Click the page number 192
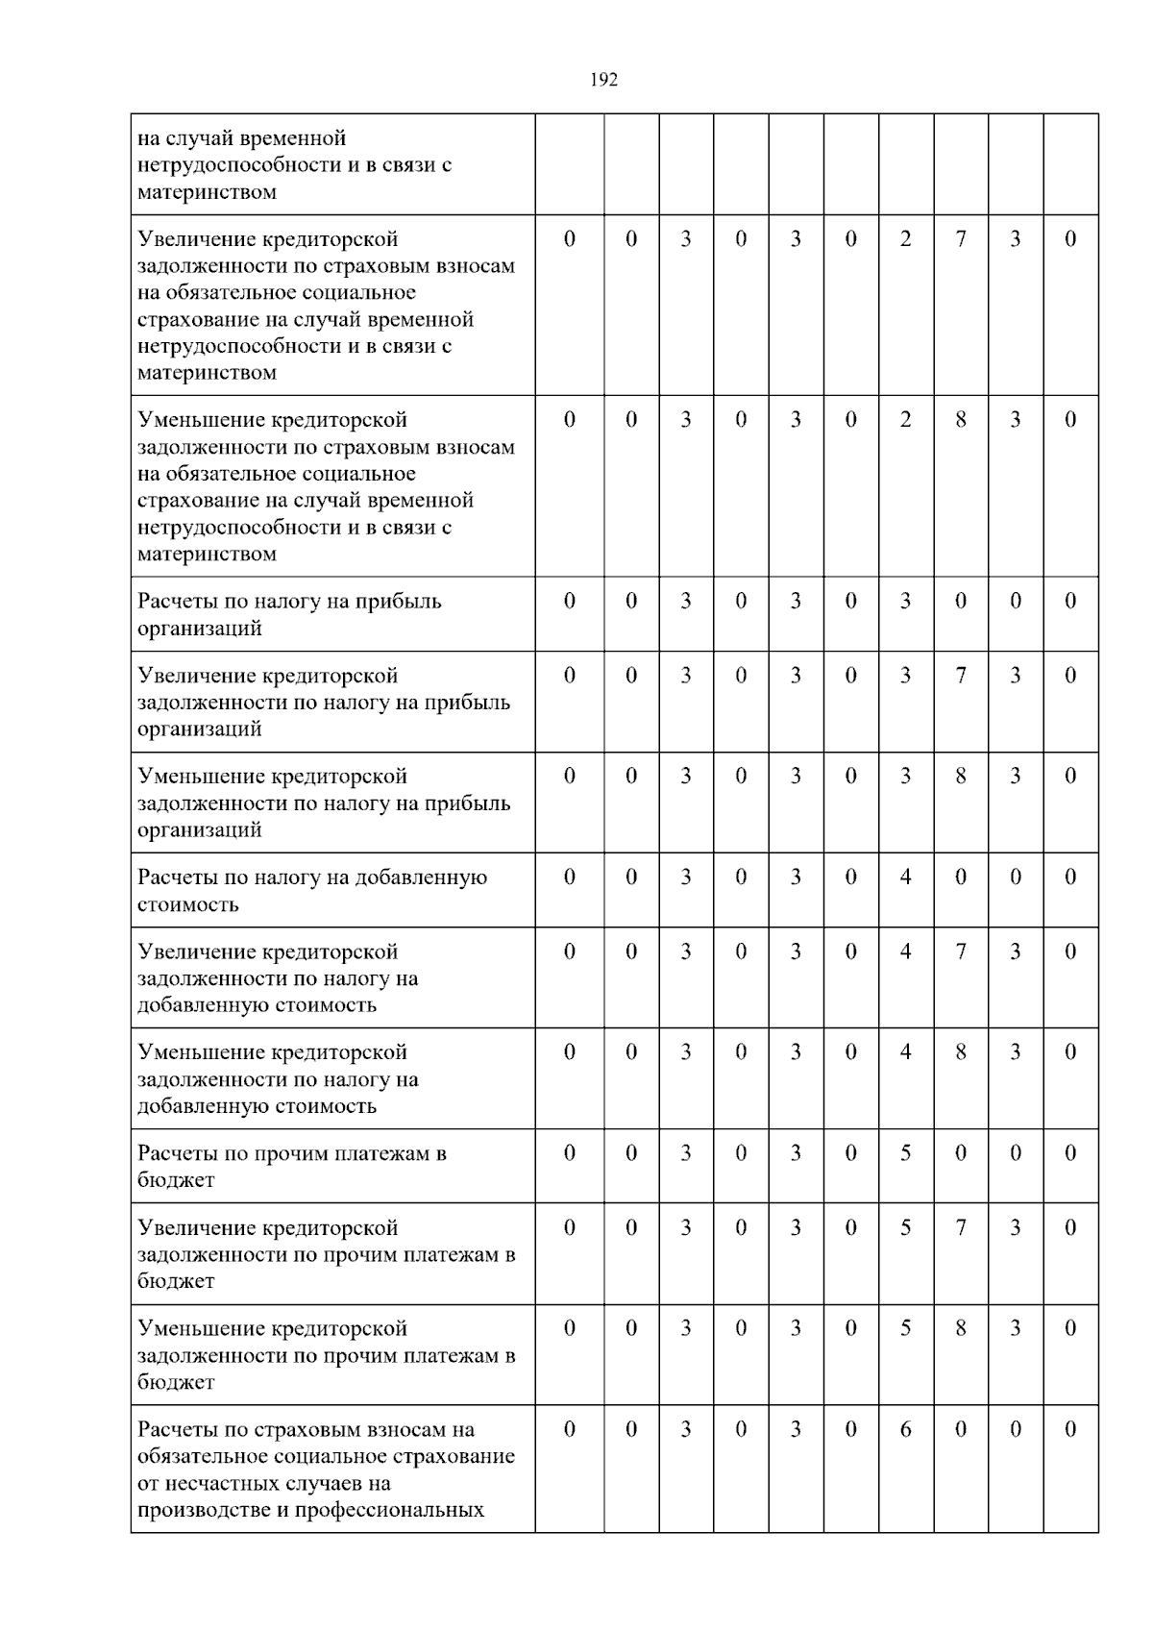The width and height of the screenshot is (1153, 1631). [x=603, y=81]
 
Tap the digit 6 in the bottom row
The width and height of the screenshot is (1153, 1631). [x=905, y=1429]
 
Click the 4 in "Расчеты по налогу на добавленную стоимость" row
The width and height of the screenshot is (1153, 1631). [x=905, y=877]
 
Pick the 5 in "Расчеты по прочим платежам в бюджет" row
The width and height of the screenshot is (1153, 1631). [x=905, y=1153]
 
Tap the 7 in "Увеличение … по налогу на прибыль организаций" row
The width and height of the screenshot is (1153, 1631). [x=960, y=676]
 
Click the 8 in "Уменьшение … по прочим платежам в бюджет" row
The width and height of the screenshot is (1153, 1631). [x=960, y=1328]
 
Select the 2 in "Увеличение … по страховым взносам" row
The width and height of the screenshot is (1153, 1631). [x=905, y=239]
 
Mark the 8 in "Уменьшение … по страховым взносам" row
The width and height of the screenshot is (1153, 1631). [x=960, y=420]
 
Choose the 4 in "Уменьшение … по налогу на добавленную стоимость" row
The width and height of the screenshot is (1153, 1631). [x=905, y=1052]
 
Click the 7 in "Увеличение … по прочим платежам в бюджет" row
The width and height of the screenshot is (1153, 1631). [x=960, y=1227]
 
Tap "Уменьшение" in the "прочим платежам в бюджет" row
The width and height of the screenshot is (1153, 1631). [x=199, y=1329]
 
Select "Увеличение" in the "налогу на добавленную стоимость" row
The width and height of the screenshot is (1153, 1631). [x=199, y=952]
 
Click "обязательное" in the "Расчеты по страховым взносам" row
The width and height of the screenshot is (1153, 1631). [x=198, y=1456]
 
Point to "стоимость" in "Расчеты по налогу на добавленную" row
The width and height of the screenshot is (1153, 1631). [x=188, y=904]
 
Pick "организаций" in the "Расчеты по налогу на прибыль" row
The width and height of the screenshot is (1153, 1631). [x=200, y=629]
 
